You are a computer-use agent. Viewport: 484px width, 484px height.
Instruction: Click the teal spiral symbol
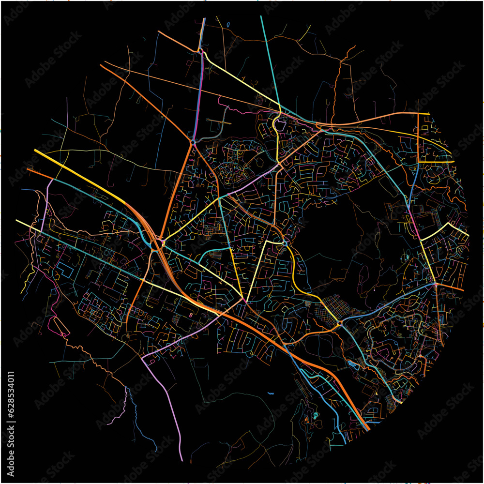pos(316,415)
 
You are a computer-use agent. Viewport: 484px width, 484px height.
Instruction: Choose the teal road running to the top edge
pos(268,58)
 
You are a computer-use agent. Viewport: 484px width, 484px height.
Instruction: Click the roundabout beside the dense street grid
pos(340,322)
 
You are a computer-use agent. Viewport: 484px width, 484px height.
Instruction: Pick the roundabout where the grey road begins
pos(193,142)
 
